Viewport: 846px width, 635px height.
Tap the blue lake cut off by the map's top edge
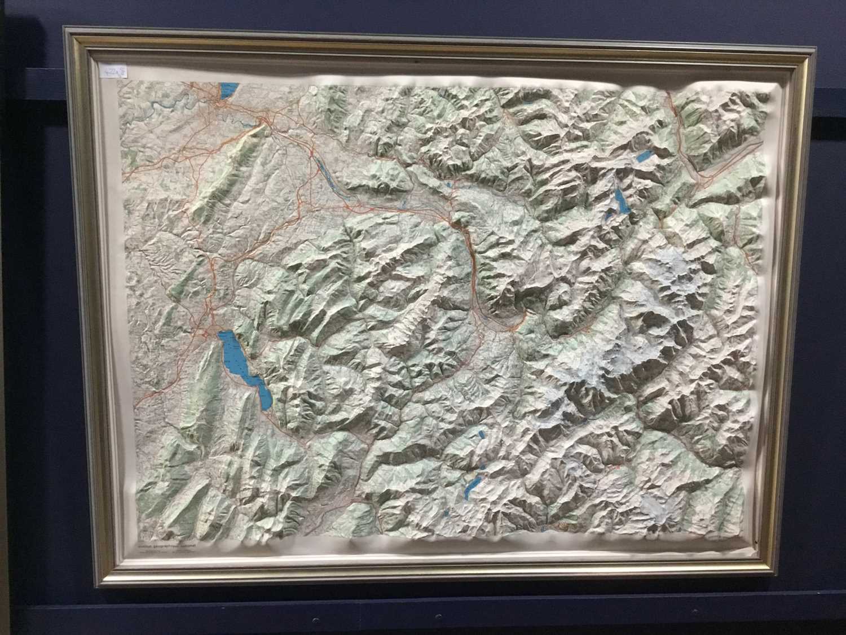point(228,91)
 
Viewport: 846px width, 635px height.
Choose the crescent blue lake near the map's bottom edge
point(471,487)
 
